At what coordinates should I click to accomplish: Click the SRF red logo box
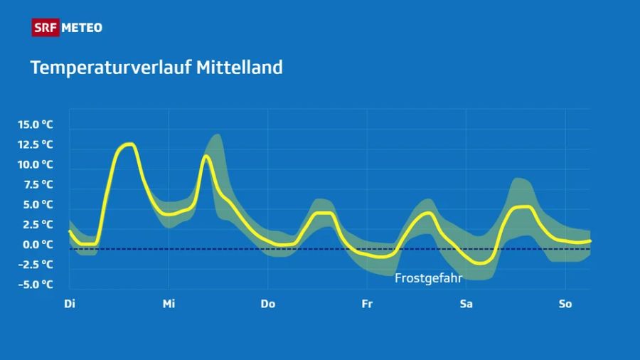[x=45, y=28]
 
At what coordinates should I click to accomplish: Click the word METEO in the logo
[x=82, y=28]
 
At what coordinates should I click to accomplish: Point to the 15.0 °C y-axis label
[x=36, y=125]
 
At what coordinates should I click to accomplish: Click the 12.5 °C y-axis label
[x=36, y=144]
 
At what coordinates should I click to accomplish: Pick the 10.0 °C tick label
[x=36, y=164]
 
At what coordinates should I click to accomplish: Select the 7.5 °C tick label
[x=38, y=184]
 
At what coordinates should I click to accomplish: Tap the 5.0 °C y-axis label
[x=38, y=204]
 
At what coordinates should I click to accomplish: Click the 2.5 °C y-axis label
[x=38, y=224]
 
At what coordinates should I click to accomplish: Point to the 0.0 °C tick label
[x=38, y=244]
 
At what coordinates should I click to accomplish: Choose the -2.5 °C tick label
[x=36, y=264]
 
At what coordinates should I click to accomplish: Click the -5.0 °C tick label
[x=36, y=285]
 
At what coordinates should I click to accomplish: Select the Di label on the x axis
[x=70, y=304]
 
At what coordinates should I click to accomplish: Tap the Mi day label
[x=169, y=304]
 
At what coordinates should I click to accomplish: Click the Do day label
[x=267, y=304]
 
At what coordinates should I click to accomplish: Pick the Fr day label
[x=367, y=304]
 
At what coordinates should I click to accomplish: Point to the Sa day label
[x=466, y=304]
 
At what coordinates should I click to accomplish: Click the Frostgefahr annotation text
[x=428, y=278]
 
